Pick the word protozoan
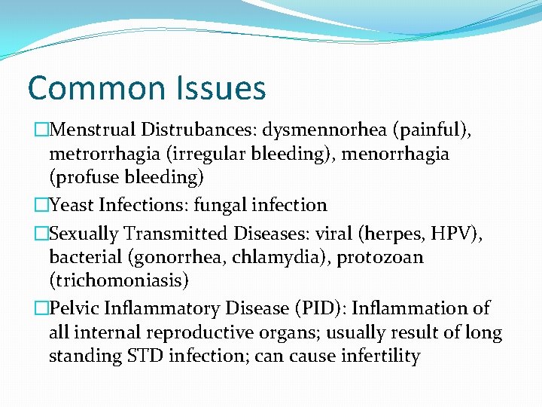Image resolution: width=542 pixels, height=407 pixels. pos(379,257)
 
